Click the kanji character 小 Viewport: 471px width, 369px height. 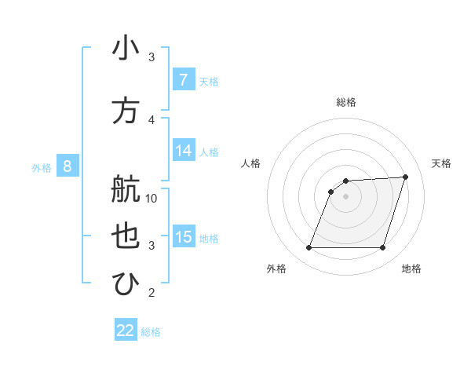click(x=126, y=49)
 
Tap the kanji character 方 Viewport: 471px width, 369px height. click(x=126, y=111)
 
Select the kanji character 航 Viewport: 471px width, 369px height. click(x=126, y=189)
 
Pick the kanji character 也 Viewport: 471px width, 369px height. click(x=126, y=237)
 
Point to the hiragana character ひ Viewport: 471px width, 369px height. click(x=126, y=284)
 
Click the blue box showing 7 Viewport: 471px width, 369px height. click(x=183, y=80)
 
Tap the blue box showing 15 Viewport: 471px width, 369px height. click(x=184, y=237)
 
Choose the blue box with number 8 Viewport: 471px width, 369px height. click(x=68, y=166)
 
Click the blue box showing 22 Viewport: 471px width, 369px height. click(x=126, y=331)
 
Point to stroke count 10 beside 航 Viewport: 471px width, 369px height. click(x=152, y=199)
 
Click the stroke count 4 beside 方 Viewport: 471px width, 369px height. click(x=152, y=119)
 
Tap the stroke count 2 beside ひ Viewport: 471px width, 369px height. click(x=152, y=294)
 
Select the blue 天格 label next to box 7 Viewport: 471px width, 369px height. click(x=209, y=81)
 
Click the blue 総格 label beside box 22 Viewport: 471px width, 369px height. click(x=151, y=332)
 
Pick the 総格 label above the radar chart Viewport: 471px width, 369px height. click(x=345, y=102)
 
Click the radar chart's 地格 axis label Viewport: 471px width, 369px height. click(x=411, y=269)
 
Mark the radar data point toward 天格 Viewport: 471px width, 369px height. click(x=405, y=177)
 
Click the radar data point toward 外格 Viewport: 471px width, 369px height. click(x=309, y=248)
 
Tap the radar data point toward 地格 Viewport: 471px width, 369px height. click(x=382, y=248)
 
